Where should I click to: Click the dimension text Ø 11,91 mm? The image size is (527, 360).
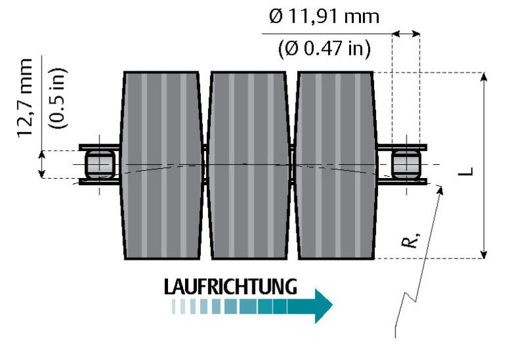(324, 16)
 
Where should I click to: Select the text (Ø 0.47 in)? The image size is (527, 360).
(324, 47)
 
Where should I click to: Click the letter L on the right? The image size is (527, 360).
(466, 171)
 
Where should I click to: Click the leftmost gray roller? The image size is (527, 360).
(161, 165)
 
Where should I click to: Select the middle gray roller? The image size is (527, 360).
(248, 165)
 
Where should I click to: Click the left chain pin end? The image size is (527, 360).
(99, 164)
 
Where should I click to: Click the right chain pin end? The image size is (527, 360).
(406, 164)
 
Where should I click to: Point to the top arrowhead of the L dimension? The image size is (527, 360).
(485, 76)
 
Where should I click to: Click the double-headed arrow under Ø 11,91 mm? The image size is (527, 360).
(406, 33)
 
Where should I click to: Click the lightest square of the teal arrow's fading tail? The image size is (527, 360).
(175, 307)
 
